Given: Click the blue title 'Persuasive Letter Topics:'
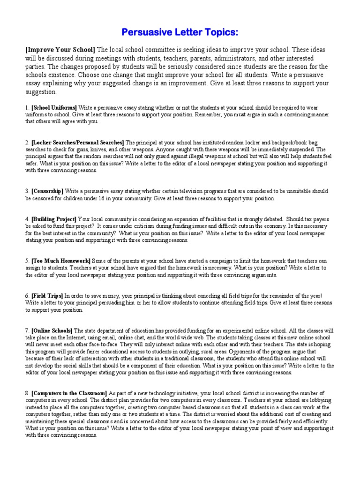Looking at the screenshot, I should click(x=180, y=32).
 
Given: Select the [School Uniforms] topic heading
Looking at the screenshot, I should click(x=54, y=107).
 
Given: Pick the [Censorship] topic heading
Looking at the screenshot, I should click(x=47, y=191).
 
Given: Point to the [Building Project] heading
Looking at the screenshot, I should click(x=53, y=219).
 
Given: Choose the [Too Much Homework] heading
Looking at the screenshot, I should click(x=61, y=261).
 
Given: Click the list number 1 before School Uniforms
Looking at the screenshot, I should click(x=27, y=107).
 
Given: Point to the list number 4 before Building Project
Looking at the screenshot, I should click(x=27, y=219).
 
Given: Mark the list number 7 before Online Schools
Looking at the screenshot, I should click(x=27, y=330).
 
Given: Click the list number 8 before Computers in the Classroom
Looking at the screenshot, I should click(x=27, y=393).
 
